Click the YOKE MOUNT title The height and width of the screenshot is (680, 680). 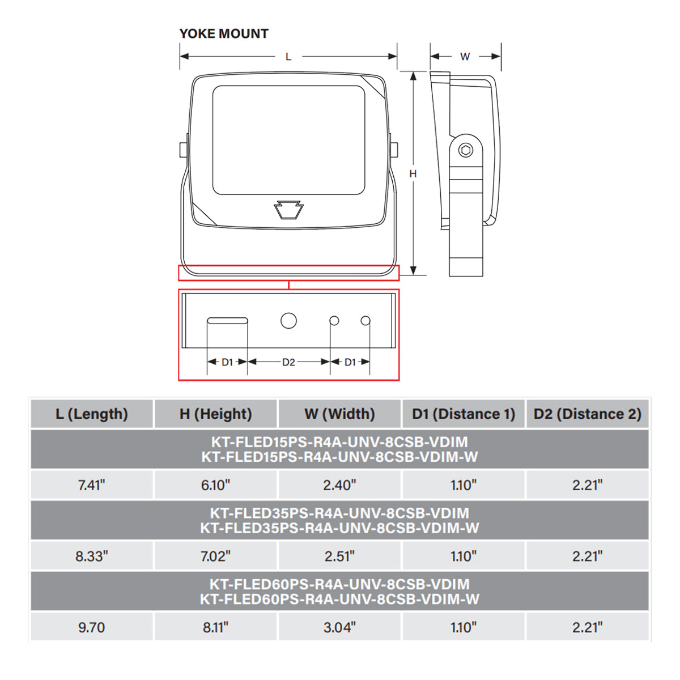coord(224,33)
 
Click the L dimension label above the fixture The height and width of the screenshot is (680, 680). coord(288,57)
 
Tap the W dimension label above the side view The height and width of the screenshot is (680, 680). coord(465,57)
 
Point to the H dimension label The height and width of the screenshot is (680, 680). coord(413,173)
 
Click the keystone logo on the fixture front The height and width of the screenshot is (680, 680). coord(288,210)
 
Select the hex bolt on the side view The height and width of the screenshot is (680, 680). coord(465,150)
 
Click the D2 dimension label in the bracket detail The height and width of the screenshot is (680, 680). coord(288,362)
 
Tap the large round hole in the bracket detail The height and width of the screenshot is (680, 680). coord(288,321)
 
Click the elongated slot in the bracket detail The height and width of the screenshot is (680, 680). coord(227,321)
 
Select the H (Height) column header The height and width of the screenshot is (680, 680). coord(215,414)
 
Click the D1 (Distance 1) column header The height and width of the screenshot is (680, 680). coord(464,414)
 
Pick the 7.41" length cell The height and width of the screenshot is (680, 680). coord(91,485)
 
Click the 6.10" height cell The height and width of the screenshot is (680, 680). coord(215,485)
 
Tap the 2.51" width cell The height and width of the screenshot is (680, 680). coord(339,556)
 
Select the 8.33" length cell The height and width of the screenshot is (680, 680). coord(91,556)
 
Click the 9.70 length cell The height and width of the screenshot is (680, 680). coord(91,627)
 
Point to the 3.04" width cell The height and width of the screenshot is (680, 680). coord(339,627)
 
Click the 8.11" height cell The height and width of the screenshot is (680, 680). coord(215,627)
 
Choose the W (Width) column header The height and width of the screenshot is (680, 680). coord(339,414)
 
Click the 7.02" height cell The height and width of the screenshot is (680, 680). coord(215,556)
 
